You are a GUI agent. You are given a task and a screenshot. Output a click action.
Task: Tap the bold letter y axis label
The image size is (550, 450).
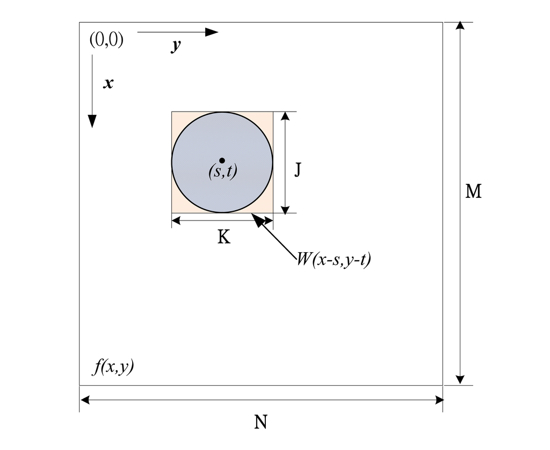coord(176,46)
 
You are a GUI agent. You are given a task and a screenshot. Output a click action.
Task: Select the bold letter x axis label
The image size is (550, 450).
coord(108,83)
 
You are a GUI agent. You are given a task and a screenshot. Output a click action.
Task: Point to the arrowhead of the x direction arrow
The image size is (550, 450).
coord(92,121)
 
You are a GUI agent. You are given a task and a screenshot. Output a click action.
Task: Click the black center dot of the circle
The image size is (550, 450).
coord(222,160)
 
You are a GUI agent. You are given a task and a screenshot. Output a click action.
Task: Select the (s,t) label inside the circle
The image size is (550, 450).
coord(222,172)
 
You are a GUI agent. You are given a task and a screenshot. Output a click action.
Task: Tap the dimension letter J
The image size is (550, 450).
coord(297,170)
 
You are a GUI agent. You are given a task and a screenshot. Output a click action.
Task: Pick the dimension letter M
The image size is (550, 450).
coord(473,191)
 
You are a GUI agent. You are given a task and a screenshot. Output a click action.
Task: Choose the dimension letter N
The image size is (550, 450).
coord(260,423)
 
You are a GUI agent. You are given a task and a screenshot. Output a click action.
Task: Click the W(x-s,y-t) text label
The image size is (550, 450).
coord(334,260)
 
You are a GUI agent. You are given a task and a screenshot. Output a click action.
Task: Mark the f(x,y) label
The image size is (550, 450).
coord(113,368)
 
